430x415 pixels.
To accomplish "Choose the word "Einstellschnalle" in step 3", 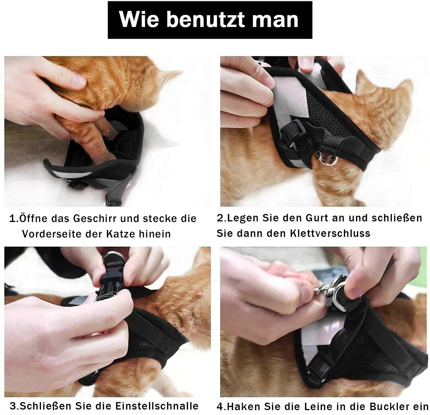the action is coord(157,406).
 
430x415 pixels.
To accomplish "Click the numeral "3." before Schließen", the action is coord(14,406).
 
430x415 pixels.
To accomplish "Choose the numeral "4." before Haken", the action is coord(222,407).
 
